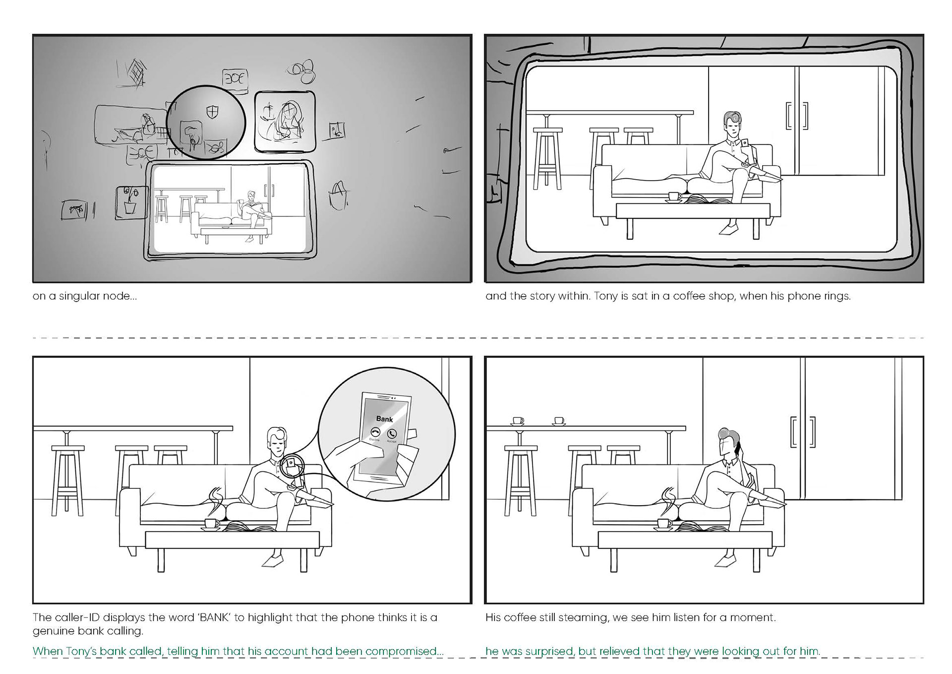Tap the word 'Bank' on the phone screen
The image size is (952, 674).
384,419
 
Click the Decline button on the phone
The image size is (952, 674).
375,433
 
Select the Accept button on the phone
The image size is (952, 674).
392,434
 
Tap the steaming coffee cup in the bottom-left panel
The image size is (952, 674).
212,523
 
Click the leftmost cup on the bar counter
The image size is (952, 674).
518,421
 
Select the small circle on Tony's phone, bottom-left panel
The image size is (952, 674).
291,466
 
